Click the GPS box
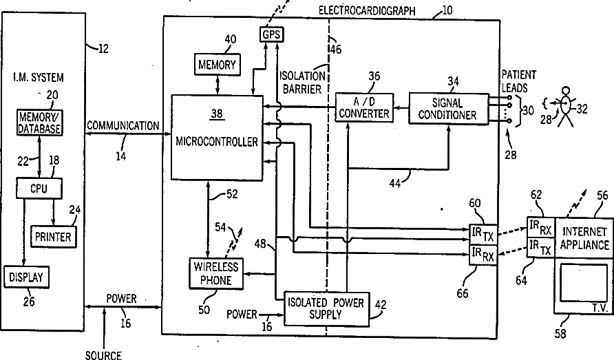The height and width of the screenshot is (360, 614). coord(271,34)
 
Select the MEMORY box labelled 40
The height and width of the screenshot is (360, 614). coord(217,64)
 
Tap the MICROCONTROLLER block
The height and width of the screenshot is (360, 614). coord(217,138)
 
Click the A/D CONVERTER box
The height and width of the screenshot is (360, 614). coord(364,108)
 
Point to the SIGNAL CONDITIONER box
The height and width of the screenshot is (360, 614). coord(449,109)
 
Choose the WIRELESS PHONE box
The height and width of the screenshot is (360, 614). coord(216,273)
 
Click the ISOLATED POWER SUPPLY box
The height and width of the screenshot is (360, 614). coord(326,308)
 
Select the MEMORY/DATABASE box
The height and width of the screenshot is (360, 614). coord(39,123)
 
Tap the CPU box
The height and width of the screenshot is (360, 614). coord(39,189)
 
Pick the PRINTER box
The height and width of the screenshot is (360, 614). coord(53,237)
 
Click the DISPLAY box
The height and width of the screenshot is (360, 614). coord(26,277)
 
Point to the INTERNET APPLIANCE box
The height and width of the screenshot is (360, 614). coord(584,237)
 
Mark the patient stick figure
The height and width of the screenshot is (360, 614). coord(565,106)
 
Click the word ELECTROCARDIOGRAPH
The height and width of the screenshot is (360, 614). coord(367,10)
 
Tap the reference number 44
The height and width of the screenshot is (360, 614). coord(395,182)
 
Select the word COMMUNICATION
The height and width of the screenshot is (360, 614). coord(123,126)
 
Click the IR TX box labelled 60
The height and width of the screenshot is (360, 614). coord(483,234)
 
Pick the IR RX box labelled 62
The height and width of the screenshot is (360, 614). coord(540,227)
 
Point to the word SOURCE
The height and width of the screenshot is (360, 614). coord(104,355)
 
